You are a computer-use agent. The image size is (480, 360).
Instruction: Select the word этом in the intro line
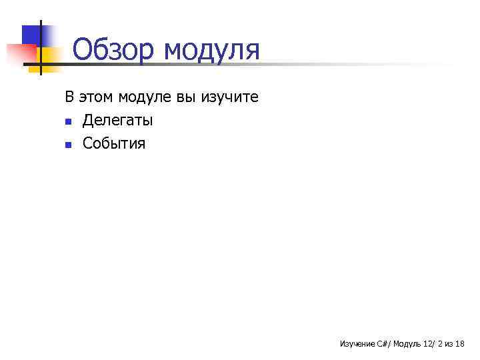click(95, 97)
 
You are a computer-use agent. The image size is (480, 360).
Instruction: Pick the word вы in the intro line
click(185, 97)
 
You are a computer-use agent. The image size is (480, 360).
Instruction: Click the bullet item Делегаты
click(117, 121)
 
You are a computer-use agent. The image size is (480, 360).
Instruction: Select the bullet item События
click(113, 143)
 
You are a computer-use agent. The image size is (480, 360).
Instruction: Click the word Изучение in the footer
click(357, 344)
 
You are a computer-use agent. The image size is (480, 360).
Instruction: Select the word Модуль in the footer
click(407, 344)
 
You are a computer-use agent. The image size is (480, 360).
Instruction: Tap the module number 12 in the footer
click(427, 344)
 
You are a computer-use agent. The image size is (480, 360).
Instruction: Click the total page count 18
click(460, 344)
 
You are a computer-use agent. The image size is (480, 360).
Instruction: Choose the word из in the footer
click(449, 344)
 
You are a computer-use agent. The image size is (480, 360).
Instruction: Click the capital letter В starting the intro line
click(69, 97)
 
